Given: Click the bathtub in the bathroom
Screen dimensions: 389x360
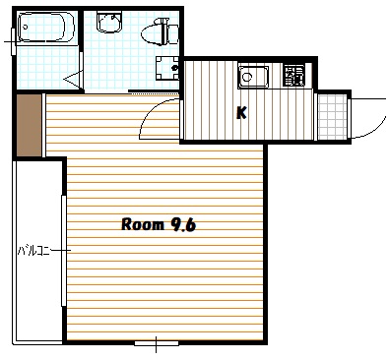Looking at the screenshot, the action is tap(46, 28).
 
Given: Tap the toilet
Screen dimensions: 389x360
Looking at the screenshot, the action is tap(161, 31).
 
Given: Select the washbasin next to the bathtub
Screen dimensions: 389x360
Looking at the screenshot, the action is tap(109, 22).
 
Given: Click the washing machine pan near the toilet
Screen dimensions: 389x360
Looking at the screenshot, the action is tap(167, 68).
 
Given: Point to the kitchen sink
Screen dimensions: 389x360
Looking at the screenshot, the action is tap(253, 77).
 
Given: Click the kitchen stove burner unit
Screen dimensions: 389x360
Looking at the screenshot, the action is tap(293, 76).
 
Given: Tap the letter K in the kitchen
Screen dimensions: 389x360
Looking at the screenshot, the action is tap(241, 113).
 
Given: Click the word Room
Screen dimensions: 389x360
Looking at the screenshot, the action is tap(143, 225).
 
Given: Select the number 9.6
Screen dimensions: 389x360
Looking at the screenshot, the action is tap(182, 225).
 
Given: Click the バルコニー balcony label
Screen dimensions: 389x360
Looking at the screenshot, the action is tap(33, 251).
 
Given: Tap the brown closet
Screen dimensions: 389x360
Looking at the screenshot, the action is tap(29, 125).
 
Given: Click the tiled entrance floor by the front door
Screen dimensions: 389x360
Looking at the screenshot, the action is tap(332, 117).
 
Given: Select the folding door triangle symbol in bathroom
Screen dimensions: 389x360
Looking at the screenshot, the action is tap(73, 79).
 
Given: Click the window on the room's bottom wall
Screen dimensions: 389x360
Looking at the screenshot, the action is tap(157, 343).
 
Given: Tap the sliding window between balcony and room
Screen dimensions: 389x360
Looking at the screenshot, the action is tap(64, 251).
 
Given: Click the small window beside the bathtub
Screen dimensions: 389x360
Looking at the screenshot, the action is tap(14, 41).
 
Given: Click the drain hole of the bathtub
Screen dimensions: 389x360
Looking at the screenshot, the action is tap(24, 28).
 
